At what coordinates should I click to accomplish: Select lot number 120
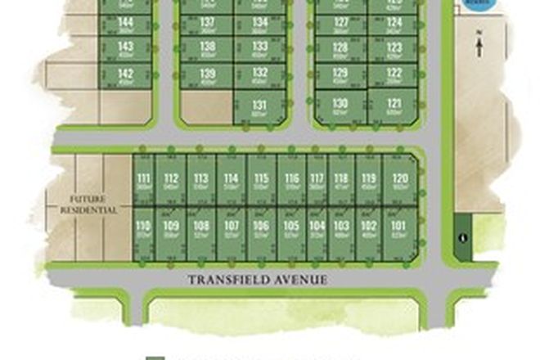(399, 182)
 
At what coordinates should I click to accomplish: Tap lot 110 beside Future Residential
(143, 228)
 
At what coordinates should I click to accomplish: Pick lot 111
(144, 182)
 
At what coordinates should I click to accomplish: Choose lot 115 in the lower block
(261, 182)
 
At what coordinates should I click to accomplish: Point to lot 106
(261, 228)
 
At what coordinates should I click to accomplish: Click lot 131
(260, 107)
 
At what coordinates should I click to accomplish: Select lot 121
(394, 106)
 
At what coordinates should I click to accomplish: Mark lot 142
(125, 76)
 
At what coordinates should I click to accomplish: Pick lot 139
(207, 76)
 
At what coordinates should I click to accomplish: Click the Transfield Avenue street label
(258, 279)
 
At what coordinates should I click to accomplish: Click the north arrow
(479, 43)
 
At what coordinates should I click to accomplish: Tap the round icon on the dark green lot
(464, 238)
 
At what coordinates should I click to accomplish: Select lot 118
(342, 182)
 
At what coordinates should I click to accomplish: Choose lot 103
(342, 228)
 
